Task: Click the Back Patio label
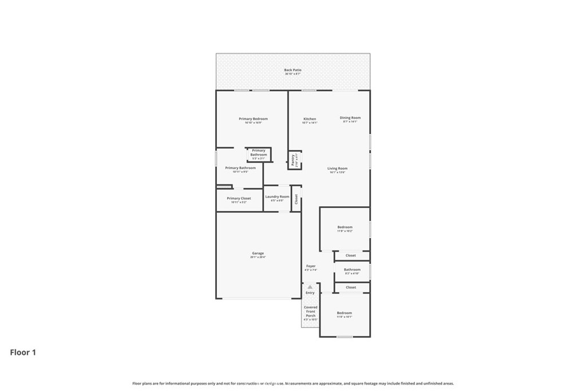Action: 292,70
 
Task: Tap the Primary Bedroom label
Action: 253,119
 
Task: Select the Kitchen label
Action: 310,119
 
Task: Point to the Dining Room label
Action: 350,118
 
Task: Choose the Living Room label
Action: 337,168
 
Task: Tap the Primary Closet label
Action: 239,199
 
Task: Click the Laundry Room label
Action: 277,197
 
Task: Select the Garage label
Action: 258,253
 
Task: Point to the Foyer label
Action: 311,266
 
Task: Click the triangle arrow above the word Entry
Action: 310,287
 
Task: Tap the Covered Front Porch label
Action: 310,311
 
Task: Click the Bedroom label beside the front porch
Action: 344,313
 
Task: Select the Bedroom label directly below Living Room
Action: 345,227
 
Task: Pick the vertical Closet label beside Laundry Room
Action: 296,199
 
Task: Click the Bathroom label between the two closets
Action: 352,270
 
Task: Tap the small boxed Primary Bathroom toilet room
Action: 259,153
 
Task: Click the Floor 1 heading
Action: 23,353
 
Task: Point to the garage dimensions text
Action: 258,258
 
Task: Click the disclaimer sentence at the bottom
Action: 293,384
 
